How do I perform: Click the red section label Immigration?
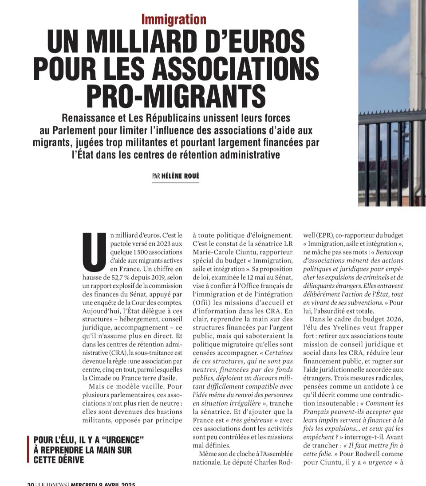pos(174,19)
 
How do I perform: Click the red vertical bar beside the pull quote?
pos(28,450)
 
